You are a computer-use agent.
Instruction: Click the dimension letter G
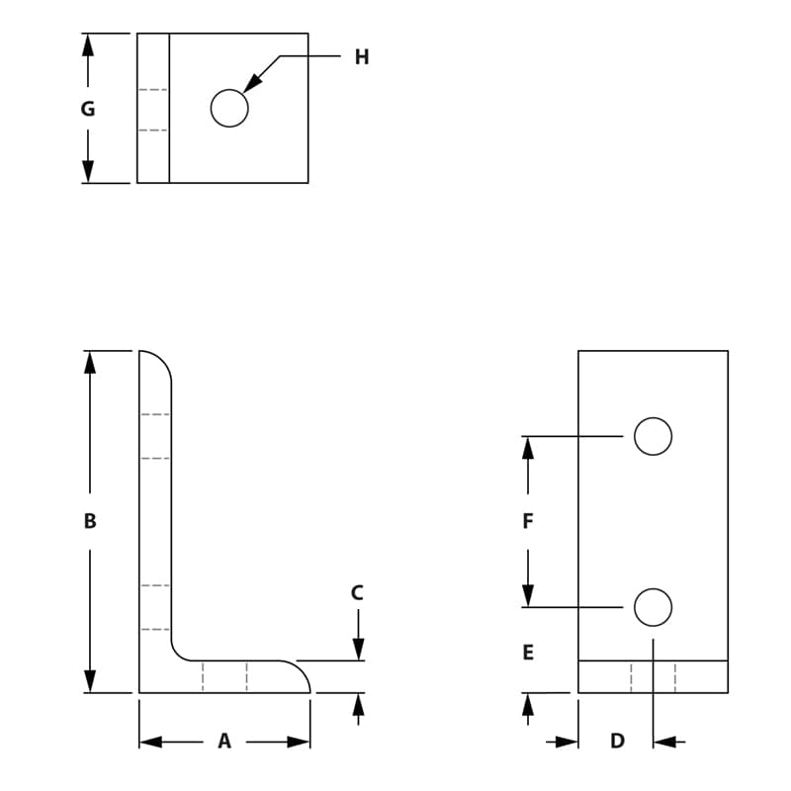pos(88,109)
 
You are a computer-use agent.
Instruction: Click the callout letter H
pos(362,57)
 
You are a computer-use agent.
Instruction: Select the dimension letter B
pos(90,521)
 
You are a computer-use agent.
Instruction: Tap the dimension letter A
pos(224,741)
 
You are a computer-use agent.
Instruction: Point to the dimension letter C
pos(358,593)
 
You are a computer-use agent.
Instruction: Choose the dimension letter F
pos(528,521)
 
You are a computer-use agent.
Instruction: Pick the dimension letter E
pos(528,653)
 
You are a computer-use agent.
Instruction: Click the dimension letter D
pos(617,741)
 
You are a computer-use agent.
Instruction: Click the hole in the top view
pos(229,108)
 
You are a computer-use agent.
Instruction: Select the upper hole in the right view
pos(653,436)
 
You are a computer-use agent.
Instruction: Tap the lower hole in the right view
pos(653,607)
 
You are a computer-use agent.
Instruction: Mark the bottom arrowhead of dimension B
pos(90,681)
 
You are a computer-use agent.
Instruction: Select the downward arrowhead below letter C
pos(358,650)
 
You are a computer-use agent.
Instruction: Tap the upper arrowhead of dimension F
pos(528,448)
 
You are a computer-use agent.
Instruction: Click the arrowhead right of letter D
pos(663,742)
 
